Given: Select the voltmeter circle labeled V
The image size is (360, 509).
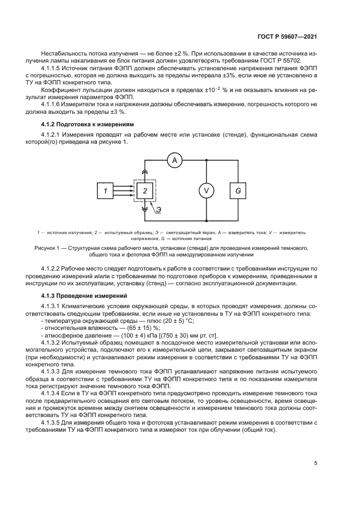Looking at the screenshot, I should (206, 190).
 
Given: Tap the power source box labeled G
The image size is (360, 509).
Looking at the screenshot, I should (238, 190).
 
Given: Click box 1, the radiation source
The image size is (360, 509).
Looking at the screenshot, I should (106, 190).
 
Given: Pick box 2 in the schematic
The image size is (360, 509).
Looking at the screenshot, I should (144, 190).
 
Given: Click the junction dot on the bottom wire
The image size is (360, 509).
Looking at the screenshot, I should (206, 220).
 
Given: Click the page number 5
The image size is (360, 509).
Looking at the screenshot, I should (315, 463).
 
